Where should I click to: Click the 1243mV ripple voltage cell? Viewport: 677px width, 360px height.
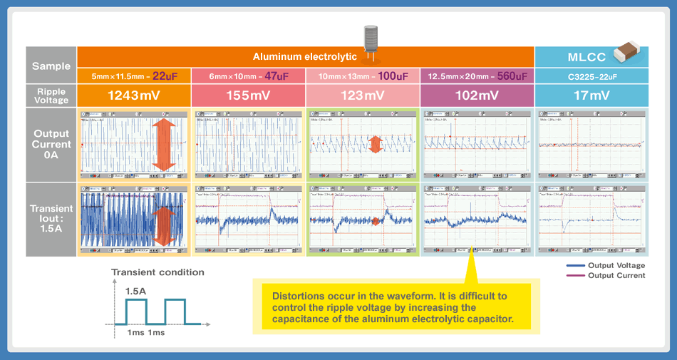click(134, 96)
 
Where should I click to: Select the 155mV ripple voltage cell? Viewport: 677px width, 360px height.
click(248, 96)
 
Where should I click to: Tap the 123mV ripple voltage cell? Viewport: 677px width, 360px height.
click(363, 96)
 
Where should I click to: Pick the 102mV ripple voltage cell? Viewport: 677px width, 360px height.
click(477, 96)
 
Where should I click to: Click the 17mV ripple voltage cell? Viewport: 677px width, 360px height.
click(591, 96)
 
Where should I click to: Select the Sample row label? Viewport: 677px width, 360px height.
click(51, 66)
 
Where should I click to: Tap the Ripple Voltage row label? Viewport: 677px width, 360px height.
click(51, 96)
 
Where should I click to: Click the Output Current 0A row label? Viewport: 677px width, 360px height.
click(51, 144)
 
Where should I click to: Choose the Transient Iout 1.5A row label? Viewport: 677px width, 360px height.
click(51, 219)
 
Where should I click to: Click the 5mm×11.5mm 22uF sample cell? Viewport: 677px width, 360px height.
click(134, 76)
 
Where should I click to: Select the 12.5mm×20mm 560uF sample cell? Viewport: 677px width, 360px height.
click(477, 76)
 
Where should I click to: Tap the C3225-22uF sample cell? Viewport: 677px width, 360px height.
click(591, 76)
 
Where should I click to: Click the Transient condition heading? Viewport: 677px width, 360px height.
click(157, 272)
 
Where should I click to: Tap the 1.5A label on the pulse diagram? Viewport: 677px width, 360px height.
click(137, 292)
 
